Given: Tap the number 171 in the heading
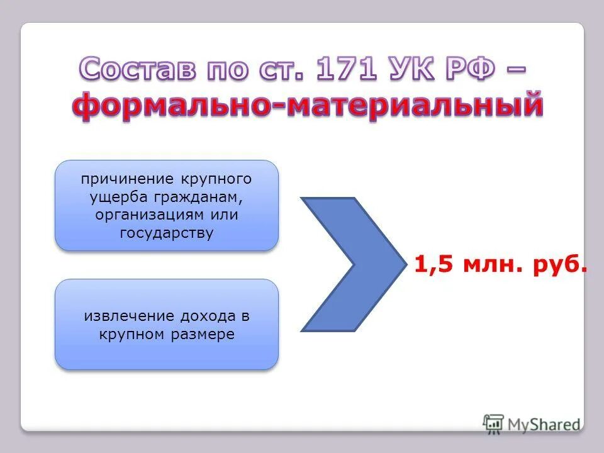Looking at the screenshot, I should click(x=347, y=70).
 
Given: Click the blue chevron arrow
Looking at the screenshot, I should click(x=349, y=264).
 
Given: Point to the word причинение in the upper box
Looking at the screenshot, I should click(x=120, y=179).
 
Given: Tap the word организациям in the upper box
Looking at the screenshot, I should click(x=147, y=215).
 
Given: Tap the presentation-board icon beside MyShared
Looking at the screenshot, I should click(x=494, y=423).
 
